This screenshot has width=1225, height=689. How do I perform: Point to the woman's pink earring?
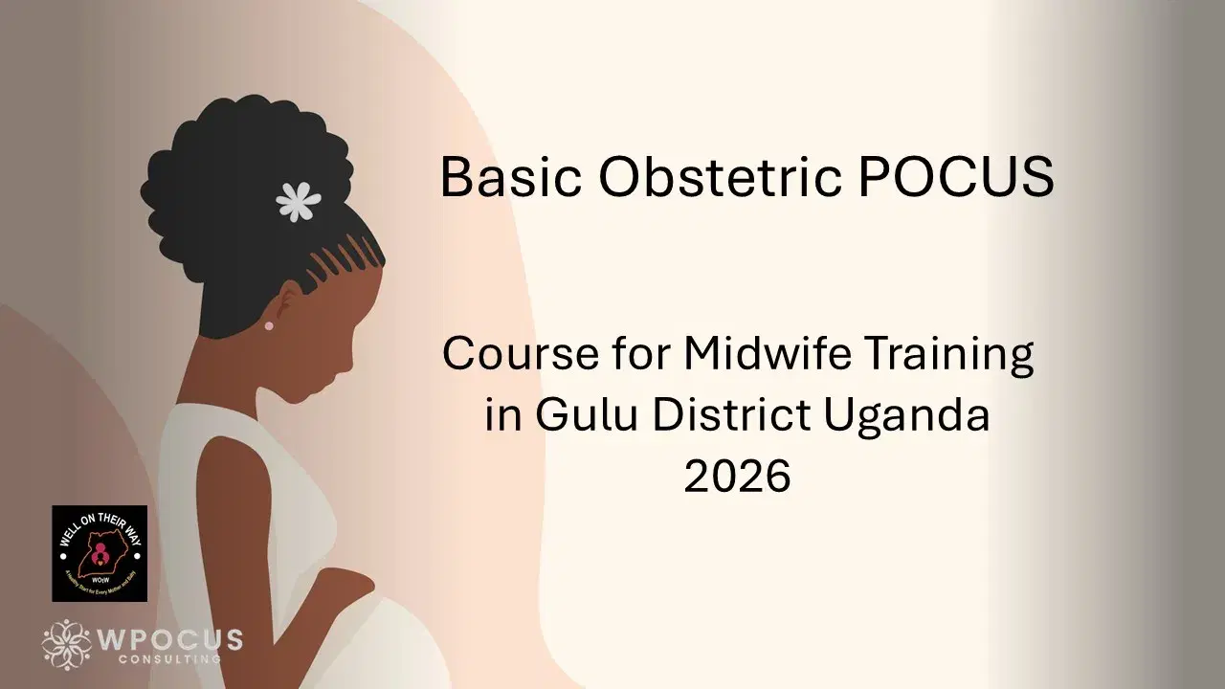tap(268, 325)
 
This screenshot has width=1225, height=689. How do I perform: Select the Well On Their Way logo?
tap(100, 553)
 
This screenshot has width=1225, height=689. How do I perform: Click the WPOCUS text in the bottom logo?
tap(171, 639)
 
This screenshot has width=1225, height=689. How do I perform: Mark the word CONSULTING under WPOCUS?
tap(169, 658)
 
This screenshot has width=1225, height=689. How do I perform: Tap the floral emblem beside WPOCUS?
tap(67, 644)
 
